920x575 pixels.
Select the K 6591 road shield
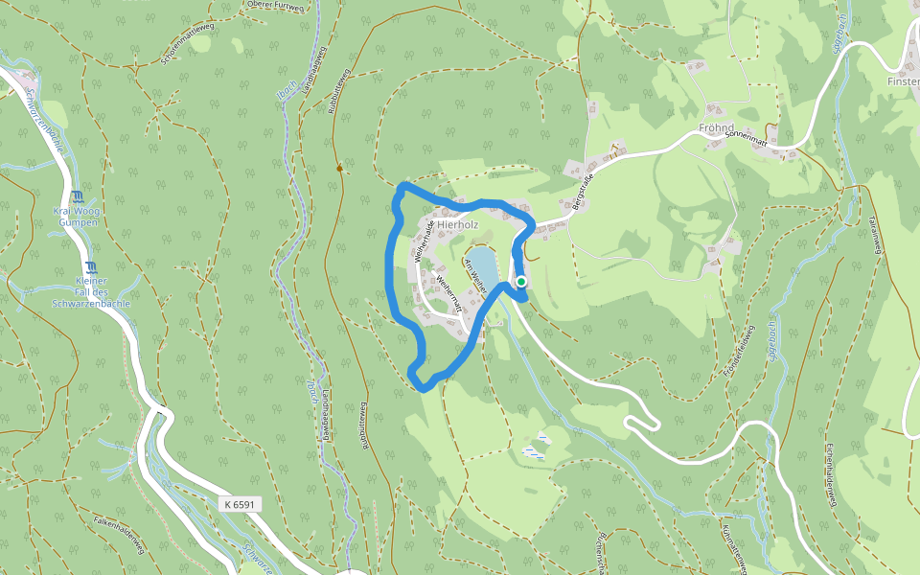240,503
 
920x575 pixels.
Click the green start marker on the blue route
521,282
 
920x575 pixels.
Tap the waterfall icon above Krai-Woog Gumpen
77,197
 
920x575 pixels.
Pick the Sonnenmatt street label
747,138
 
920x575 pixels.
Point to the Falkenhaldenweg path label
119,533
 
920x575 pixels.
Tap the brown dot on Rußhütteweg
339,169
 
